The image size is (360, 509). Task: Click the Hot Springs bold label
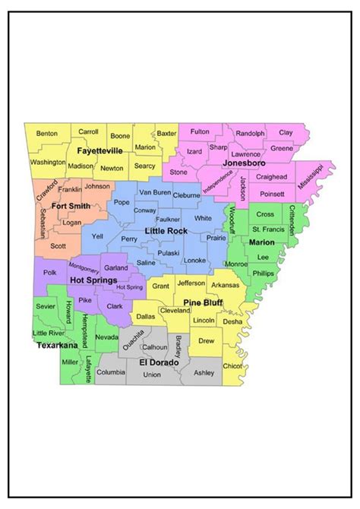(x=93, y=280)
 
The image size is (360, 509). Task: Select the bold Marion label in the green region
(x=262, y=242)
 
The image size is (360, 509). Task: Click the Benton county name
(x=47, y=133)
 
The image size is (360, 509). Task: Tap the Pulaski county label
(x=169, y=253)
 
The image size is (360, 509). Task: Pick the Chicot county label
(x=231, y=368)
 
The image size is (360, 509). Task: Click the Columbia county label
(x=111, y=372)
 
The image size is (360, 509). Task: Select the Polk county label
(x=50, y=272)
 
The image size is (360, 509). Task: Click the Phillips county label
(x=263, y=273)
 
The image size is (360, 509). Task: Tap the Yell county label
(x=97, y=236)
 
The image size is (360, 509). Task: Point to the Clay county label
(x=286, y=133)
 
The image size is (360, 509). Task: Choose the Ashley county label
(x=204, y=372)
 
